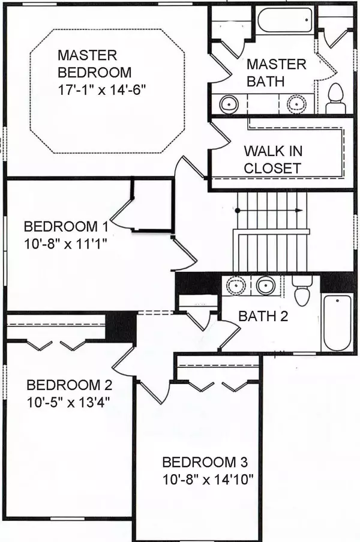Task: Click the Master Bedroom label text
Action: point(94,64)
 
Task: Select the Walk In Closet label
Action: point(273,160)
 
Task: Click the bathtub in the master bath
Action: point(286,20)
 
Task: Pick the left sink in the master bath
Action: point(229,104)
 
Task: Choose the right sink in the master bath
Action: point(296,104)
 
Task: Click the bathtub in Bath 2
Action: point(337,322)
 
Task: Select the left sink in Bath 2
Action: point(236,286)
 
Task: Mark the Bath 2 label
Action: point(263,316)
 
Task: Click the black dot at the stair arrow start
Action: point(238,210)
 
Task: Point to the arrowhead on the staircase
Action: point(299,210)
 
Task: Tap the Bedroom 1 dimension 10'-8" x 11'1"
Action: point(65,244)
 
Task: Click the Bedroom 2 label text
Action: point(69,385)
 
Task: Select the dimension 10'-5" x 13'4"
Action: point(68,402)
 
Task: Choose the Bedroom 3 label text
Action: point(205,462)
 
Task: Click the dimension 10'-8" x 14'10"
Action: point(208,480)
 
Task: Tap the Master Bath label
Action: point(277,73)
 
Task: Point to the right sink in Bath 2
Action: point(265,286)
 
